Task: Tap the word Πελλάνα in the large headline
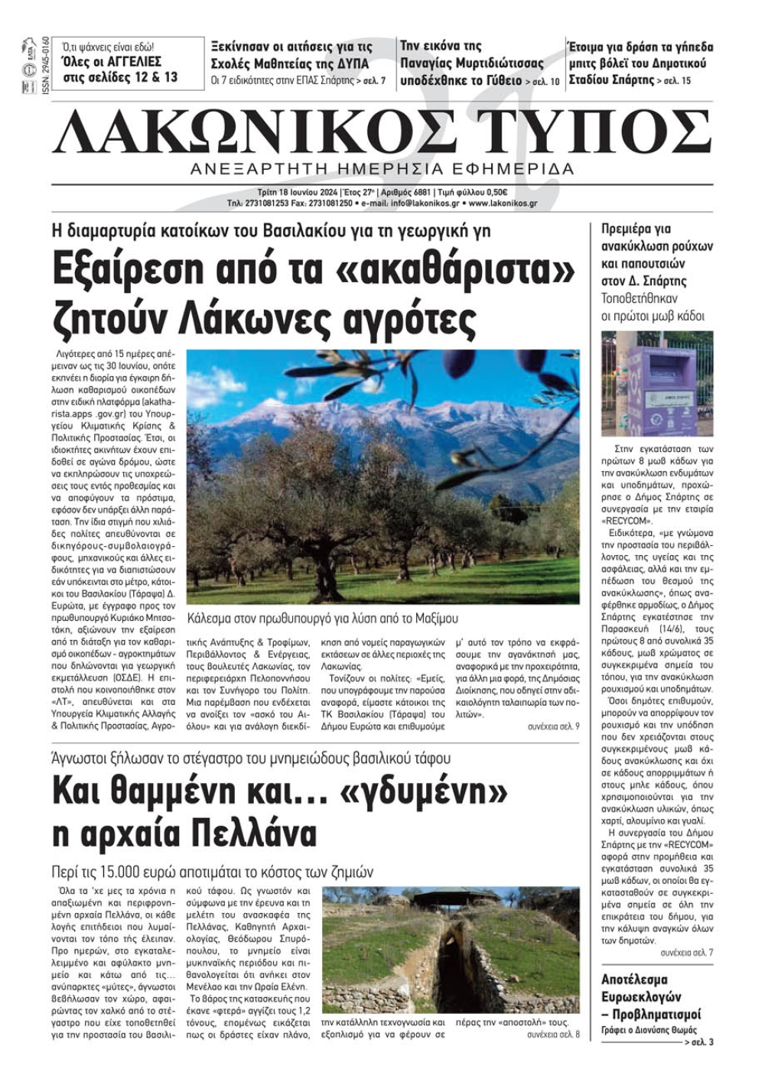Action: click(252, 833)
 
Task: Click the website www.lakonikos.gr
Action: click(503, 204)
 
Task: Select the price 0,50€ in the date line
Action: click(496, 193)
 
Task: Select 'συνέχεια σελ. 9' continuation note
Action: click(553, 726)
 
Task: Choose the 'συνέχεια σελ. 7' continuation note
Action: click(686, 953)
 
